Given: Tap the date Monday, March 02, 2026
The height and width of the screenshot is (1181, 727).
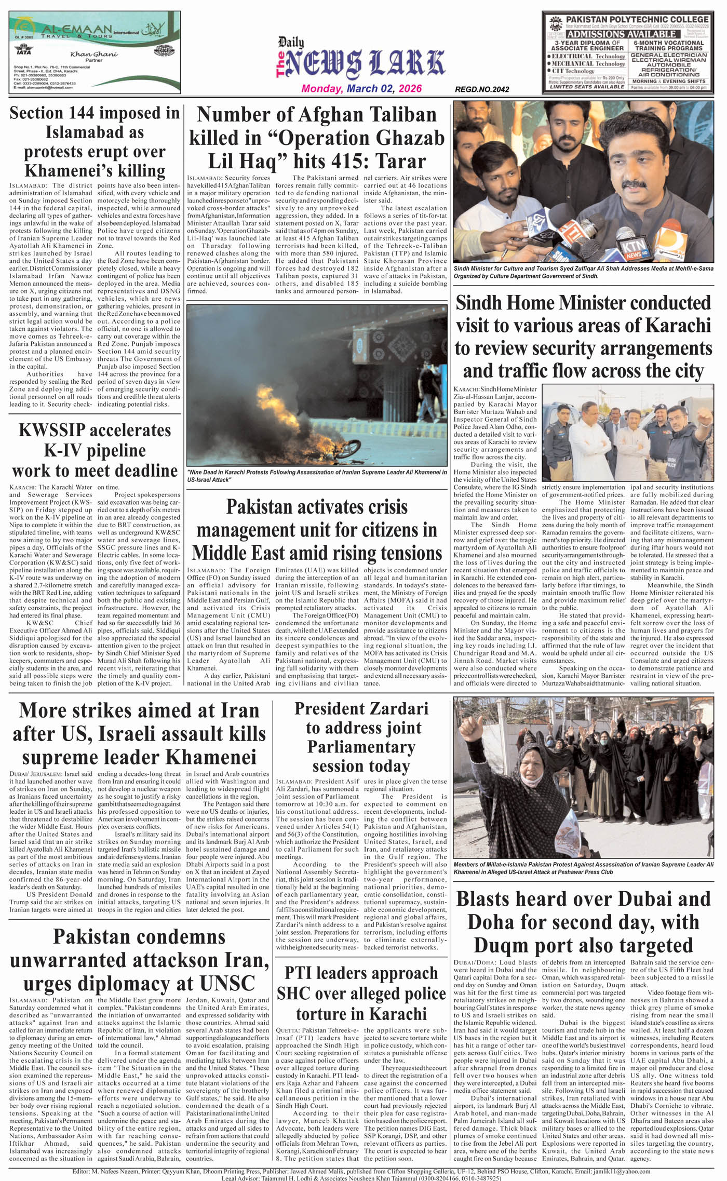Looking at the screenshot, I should tap(361, 89).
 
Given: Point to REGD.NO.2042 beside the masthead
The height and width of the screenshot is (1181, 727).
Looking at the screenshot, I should tap(481, 89).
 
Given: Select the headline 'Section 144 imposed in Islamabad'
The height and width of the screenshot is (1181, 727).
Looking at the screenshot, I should tap(95, 141).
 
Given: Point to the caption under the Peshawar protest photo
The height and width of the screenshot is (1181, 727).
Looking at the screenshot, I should tap(583, 868).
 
